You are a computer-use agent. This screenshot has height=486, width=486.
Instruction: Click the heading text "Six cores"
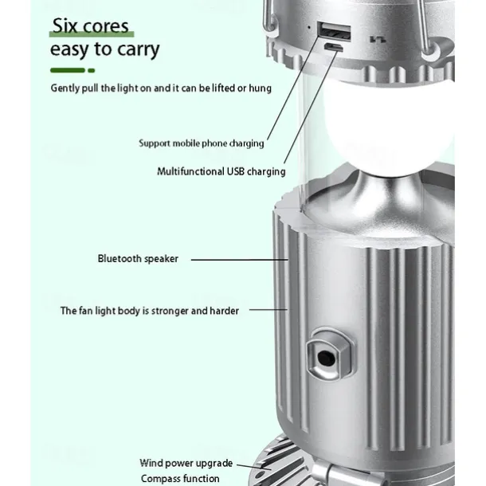point(90,25)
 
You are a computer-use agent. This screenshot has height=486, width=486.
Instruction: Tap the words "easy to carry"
point(104,49)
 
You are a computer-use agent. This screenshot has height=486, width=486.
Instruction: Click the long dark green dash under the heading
point(68,70)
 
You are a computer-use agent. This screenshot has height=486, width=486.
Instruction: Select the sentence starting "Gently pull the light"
point(161,88)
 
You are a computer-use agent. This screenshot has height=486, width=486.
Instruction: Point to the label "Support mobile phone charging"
point(202,143)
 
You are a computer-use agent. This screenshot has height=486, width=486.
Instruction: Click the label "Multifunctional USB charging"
point(221,171)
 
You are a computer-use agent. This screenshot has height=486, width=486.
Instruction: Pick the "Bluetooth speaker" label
point(138,259)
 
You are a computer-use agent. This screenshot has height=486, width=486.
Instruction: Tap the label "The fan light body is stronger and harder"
point(150,311)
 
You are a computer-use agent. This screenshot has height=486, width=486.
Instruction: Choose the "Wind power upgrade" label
point(186,463)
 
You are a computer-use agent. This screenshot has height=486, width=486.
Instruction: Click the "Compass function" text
point(180,479)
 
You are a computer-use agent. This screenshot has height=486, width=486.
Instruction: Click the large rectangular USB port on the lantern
point(335,32)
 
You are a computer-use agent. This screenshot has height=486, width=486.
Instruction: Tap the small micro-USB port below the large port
point(334,47)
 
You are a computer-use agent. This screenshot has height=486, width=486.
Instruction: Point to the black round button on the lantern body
point(326,359)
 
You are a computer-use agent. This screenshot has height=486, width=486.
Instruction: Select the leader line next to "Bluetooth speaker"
point(240,260)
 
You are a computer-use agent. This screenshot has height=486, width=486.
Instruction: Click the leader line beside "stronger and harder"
point(268,309)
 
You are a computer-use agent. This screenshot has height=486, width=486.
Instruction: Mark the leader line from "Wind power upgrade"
point(254,467)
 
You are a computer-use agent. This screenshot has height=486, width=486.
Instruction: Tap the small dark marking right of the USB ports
point(378,39)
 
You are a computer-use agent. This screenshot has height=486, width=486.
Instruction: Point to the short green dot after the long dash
point(92,71)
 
